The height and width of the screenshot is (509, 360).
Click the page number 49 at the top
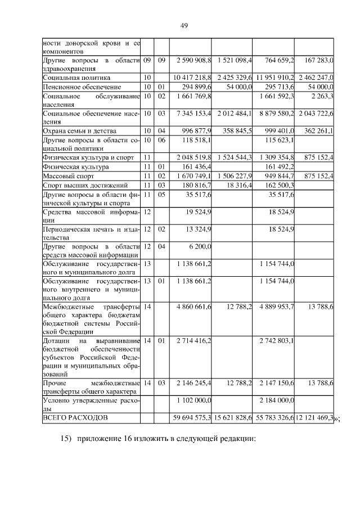[x=183, y=25]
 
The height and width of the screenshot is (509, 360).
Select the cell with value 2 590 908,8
[x=193, y=60]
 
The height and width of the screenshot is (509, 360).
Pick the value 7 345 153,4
[x=193, y=114]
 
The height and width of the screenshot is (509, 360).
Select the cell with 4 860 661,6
[x=193, y=307]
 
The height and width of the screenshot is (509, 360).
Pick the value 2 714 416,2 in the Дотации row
[x=193, y=341]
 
